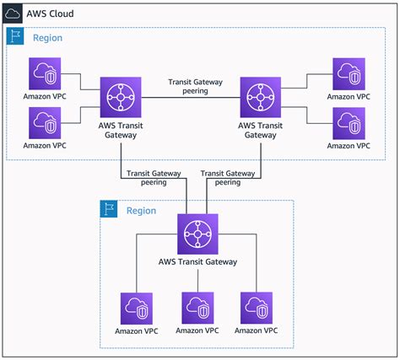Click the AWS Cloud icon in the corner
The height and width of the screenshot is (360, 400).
pyautogui.click(x=13, y=13)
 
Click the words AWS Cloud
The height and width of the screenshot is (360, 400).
pyautogui.click(x=50, y=13)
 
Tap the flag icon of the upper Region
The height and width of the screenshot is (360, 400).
pyautogui.click(x=15, y=36)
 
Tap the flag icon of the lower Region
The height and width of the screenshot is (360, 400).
pyautogui.click(x=109, y=209)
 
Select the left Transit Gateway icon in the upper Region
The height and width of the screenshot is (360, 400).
pyautogui.click(x=121, y=97)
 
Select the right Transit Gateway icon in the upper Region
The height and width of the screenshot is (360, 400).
pyautogui.click(x=261, y=97)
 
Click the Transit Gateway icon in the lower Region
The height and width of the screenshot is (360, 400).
pyautogui.click(x=197, y=234)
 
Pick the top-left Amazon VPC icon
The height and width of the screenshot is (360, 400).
pyautogui.click(x=45, y=73)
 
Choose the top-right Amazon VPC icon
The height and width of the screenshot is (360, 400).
pyautogui.click(x=349, y=74)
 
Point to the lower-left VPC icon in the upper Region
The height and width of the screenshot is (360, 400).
pyautogui.click(x=45, y=123)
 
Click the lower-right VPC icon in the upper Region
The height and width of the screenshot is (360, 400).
pyautogui.click(x=349, y=123)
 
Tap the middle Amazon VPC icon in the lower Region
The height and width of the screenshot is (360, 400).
pyautogui.click(x=197, y=308)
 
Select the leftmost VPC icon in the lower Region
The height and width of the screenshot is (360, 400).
pyautogui.click(x=137, y=309)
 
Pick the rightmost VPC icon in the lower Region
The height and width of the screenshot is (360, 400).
pyautogui.click(x=257, y=308)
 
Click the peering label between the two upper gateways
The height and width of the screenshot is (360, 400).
pyautogui.click(x=196, y=86)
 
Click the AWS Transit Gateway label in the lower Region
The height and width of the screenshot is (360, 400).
pyautogui.click(x=197, y=262)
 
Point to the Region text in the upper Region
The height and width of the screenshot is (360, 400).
pyautogui.click(x=48, y=38)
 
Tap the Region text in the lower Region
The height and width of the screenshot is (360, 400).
pyautogui.click(x=141, y=211)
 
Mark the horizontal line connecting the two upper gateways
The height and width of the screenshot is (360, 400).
pyautogui.click(x=191, y=98)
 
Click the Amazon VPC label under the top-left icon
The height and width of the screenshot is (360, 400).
pyautogui.click(x=45, y=96)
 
